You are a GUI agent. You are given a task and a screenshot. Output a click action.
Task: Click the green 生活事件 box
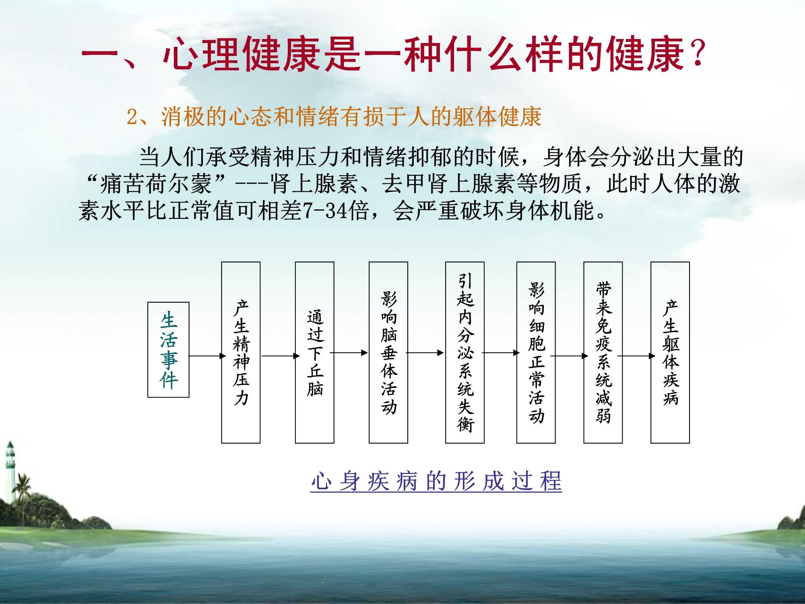[168, 350]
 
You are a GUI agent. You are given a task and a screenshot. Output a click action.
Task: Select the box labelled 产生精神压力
[241, 352]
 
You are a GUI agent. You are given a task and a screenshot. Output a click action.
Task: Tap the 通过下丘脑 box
[314, 352]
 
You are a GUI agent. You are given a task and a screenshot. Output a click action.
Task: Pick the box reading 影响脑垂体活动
[388, 352]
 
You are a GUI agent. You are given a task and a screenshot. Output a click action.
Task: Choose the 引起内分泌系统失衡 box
[464, 352]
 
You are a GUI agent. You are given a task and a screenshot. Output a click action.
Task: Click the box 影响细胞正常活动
[536, 352]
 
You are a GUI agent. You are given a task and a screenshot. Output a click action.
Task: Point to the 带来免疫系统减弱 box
[603, 352]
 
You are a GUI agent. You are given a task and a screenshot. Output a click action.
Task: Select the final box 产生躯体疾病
[670, 352]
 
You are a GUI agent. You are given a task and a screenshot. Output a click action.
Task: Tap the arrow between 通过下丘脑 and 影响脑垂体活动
[349, 353]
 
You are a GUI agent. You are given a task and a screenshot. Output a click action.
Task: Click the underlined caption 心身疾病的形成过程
[436, 481]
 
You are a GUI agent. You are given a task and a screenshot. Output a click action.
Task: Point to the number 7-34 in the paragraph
[325, 211]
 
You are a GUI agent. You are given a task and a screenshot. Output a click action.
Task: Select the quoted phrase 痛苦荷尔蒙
[155, 184]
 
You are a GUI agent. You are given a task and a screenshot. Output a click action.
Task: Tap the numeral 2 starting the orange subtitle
[132, 117]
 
